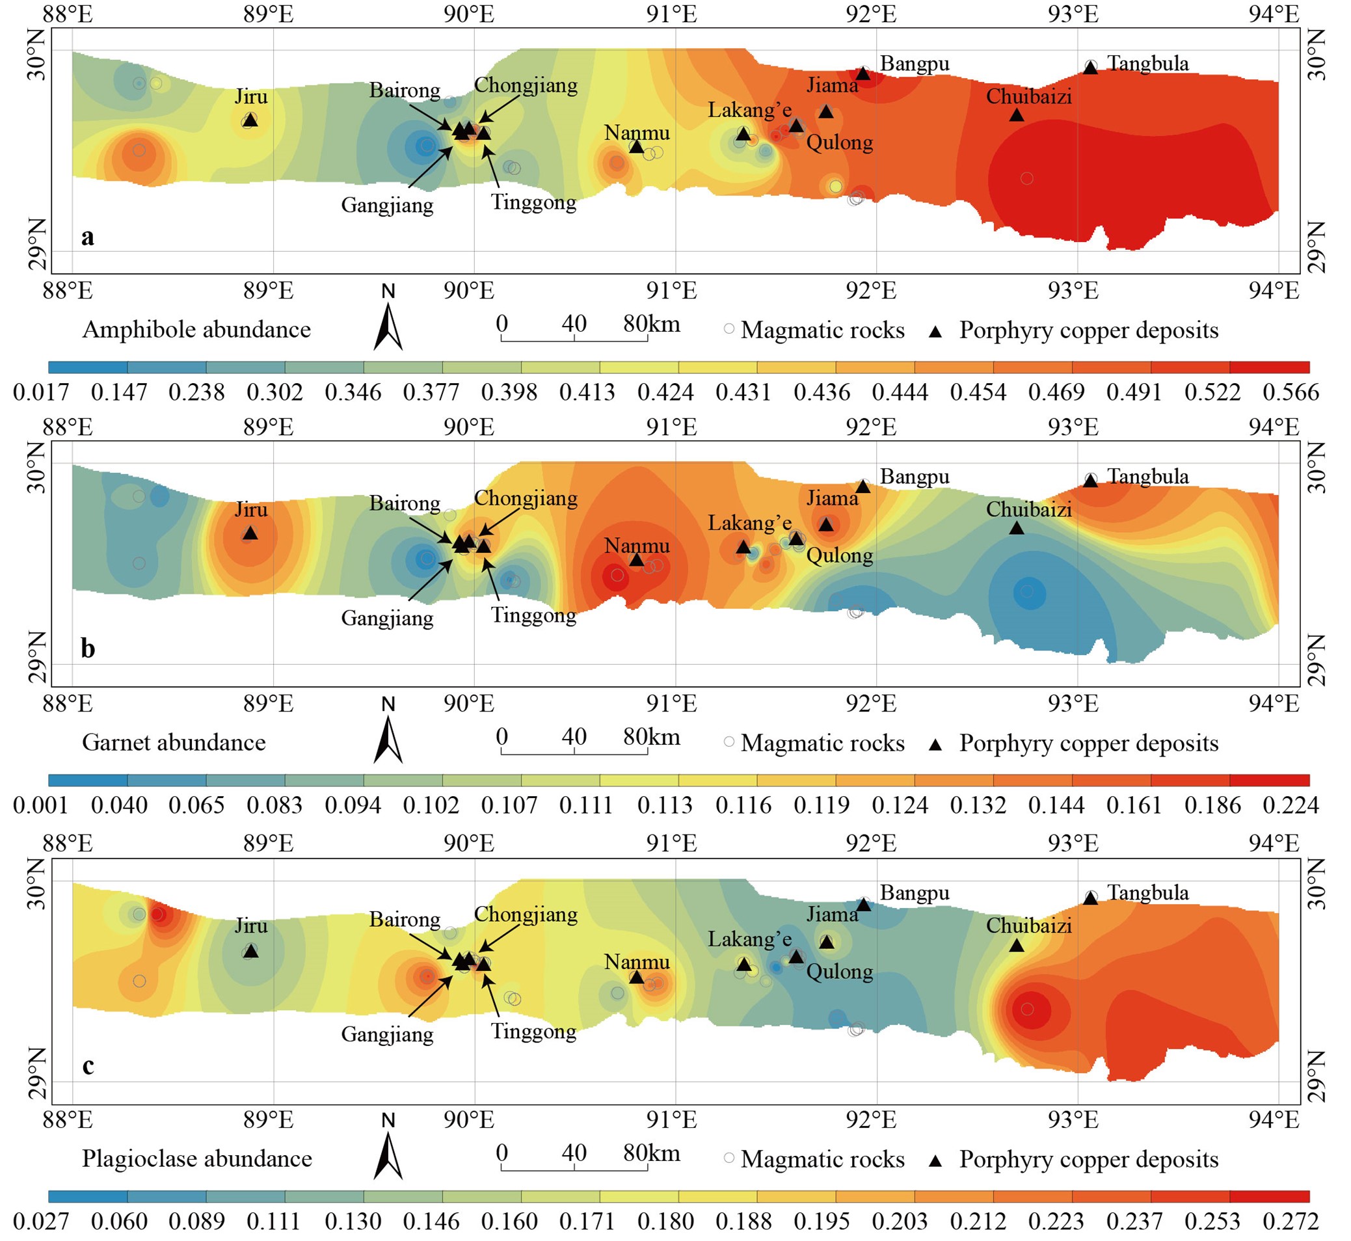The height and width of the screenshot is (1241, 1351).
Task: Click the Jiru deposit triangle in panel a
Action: pyautogui.click(x=250, y=120)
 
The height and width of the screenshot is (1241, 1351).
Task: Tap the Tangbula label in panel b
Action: pyautogui.click(x=1147, y=477)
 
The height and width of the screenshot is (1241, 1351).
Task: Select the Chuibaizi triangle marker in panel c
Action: pyautogui.click(x=1017, y=946)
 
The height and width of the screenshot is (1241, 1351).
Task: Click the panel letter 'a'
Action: pyautogui.click(x=87, y=236)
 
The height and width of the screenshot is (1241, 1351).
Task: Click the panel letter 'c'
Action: pyautogui.click(x=87, y=1066)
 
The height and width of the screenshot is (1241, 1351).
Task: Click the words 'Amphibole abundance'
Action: pyautogui.click(x=196, y=330)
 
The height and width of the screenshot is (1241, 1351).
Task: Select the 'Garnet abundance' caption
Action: pyautogui.click(x=173, y=743)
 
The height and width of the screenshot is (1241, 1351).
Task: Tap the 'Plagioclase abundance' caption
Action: pyautogui.click(x=196, y=1159)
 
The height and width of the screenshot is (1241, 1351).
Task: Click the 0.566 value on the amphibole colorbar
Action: pyautogui.click(x=1291, y=392)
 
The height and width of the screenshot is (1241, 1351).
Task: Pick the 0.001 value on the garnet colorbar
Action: pyautogui.click(x=41, y=805)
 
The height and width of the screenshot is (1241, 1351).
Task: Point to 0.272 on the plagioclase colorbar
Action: pyautogui.click(x=1291, y=1221)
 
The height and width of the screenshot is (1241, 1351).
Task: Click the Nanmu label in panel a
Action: pyautogui.click(x=637, y=132)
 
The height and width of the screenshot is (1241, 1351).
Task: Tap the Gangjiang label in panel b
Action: pyautogui.click(x=387, y=618)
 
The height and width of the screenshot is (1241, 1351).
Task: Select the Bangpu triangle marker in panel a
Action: pyautogui.click(x=863, y=73)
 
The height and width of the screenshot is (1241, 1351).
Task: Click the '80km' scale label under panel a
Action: pyautogui.click(x=650, y=325)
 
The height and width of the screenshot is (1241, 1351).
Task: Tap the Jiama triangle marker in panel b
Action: pyautogui.click(x=827, y=524)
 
